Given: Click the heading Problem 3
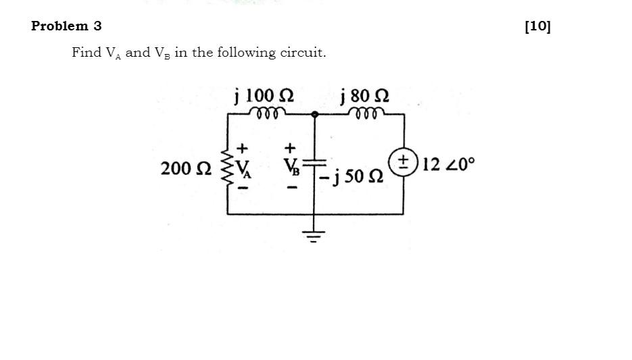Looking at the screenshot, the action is pos(66,26).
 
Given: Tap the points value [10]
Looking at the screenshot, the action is pos(537,26).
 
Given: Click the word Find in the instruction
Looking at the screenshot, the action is pos(87,52).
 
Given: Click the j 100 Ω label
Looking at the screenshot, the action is pos(264,96).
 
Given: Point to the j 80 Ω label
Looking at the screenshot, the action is pos(365,96).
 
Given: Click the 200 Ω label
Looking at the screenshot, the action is pos(186,168).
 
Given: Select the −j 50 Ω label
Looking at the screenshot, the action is pos(350,176).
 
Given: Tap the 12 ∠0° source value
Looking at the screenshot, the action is pos(449,164).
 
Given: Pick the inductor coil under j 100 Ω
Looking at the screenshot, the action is pos(267,113).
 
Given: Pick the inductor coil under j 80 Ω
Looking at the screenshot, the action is pos(366,113).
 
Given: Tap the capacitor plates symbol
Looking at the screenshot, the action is pos(314,162).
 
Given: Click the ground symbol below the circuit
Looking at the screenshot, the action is pos(314,236).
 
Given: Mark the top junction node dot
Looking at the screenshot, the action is pos(315,115).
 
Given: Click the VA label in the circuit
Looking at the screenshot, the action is pos(243,169).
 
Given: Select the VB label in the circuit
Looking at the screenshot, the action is pos(291,166).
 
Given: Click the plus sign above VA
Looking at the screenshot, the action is pos(242,148).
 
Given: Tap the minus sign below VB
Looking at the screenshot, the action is pos(293,187).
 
